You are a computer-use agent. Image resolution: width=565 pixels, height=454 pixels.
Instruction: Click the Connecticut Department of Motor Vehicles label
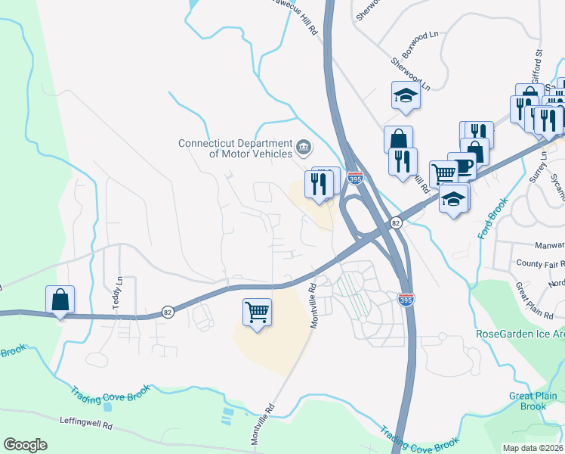click(x=235, y=148)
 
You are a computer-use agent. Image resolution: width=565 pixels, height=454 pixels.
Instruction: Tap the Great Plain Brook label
click(x=533, y=401)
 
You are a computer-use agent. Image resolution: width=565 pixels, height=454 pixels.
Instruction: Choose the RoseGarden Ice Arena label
click(x=520, y=334)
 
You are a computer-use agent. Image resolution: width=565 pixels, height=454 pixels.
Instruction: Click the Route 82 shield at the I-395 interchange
click(x=395, y=223)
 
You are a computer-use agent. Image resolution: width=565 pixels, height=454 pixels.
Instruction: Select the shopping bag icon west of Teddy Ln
click(x=60, y=300)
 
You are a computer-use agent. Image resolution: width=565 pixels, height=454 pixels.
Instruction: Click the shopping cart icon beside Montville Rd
click(x=258, y=311)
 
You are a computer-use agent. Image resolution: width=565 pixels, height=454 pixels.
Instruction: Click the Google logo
click(x=26, y=445)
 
